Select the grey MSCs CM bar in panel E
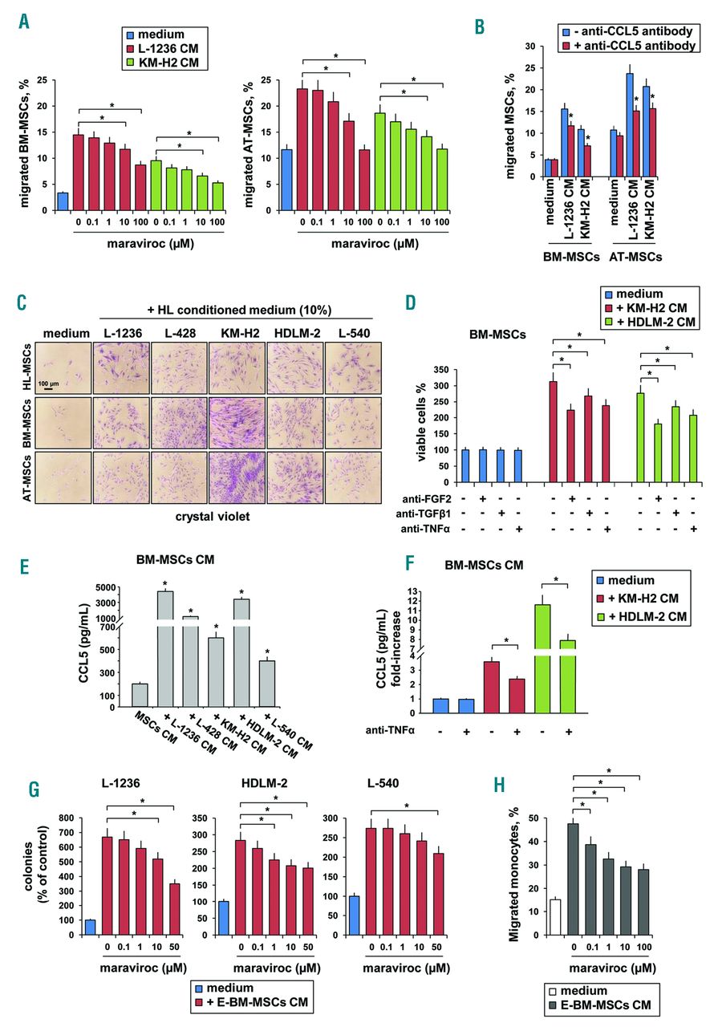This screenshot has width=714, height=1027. click(140, 694)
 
